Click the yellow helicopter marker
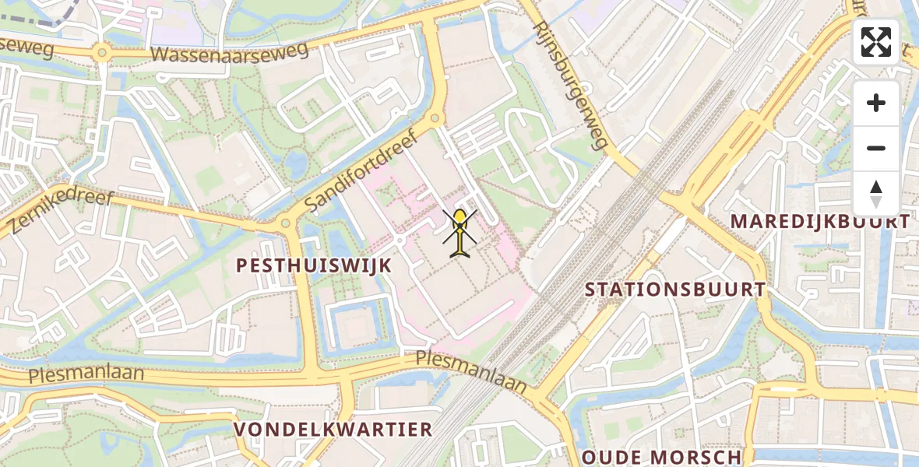click(460, 231)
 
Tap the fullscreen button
click(876, 42)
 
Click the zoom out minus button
click(876, 148)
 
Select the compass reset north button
click(876, 193)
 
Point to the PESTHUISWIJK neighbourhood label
click(314, 265)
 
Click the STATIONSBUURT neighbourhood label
click(675, 290)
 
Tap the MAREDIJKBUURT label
click(819, 222)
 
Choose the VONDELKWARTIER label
click(333, 430)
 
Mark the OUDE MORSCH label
click(661, 457)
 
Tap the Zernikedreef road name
click(62, 211)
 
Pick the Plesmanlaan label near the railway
click(471, 370)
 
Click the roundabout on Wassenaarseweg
click(101, 53)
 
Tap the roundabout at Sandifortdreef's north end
click(435, 118)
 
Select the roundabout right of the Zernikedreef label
click(285, 224)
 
